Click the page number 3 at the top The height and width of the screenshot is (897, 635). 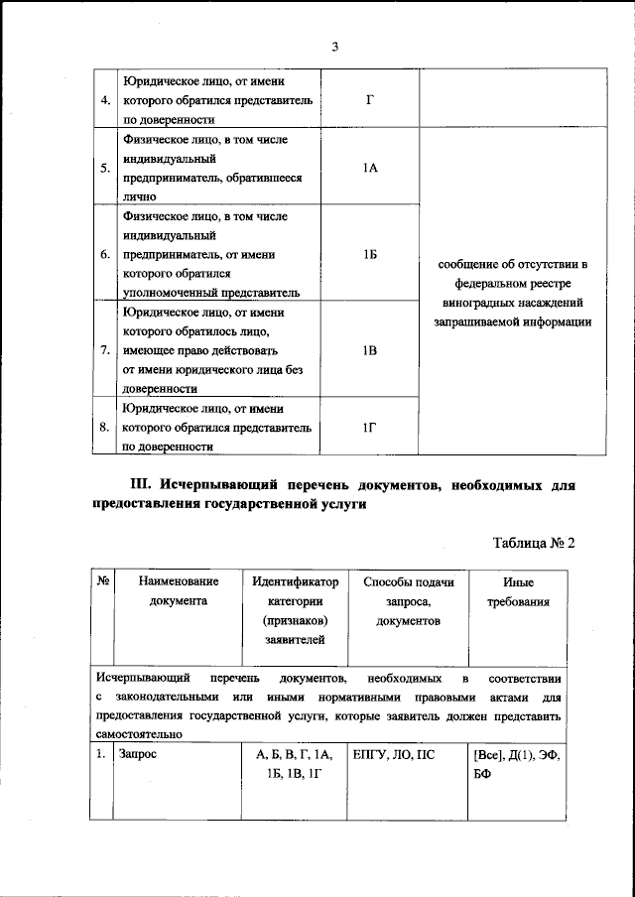pos(335,47)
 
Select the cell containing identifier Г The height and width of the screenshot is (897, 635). pos(369,100)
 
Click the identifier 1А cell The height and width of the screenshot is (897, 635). pos(369,169)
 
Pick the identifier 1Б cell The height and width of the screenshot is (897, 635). pos(369,255)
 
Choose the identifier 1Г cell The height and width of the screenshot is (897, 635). pos(369,427)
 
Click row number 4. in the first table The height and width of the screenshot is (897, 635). pos(104,100)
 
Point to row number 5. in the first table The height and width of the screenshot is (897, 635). pos(104,169)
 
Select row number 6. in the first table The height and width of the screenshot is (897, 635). pos(104,255)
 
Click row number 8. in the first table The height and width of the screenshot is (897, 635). pos(104,428)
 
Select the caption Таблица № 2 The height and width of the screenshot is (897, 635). pos(534,543)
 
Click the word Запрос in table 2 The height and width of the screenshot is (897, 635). pos(139,754)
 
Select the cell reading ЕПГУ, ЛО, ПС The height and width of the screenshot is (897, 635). pos(394,754)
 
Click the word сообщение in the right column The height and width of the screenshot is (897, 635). pos(469,265)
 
